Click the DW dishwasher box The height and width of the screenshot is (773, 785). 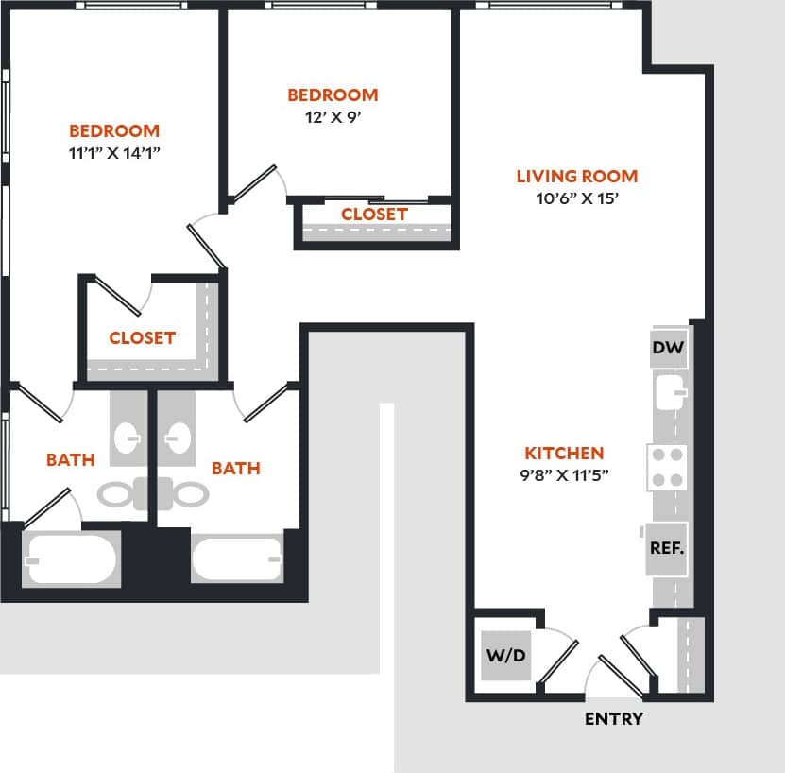click(x=668, y=349)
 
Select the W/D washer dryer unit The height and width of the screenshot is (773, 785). click(x=505, y=655)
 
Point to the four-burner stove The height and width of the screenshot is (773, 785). click(x=667, y=467)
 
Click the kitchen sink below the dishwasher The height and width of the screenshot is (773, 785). click(x=668, y=392)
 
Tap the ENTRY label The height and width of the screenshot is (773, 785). click(x=613, y=719)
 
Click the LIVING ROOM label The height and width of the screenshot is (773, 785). click(x=576, y=176)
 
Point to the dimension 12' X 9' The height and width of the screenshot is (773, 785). click(x=333, y=118)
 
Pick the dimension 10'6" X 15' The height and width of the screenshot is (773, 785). click(x=576, y=199)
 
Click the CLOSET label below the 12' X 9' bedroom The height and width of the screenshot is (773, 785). click(x=374, y=215)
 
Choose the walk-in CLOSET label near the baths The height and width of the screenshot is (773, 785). click(x=142, y=337)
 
